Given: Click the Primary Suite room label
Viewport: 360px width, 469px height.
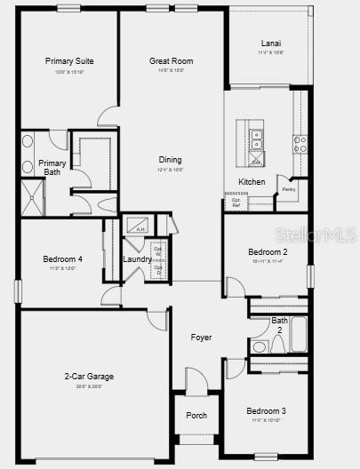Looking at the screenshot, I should pos(69,61).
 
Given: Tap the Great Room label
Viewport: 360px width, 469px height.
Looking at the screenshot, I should pos(171,61).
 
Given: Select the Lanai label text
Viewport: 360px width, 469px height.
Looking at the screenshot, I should pos(271,43).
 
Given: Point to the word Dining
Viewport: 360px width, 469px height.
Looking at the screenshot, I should pos(171,161).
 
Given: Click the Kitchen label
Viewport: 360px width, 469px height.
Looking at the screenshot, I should pos(252,182).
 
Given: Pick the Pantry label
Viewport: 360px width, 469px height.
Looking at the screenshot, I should pos(289,189).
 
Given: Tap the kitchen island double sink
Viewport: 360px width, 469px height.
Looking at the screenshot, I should pos(256,139).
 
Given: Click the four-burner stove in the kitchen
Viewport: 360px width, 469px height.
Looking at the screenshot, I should pos(300,142).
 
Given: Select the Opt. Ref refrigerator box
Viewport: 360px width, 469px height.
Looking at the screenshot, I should pos(236,201).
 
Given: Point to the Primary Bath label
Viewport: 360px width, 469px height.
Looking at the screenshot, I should pos(52,167).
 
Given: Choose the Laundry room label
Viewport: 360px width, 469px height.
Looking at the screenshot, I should pos(137,259).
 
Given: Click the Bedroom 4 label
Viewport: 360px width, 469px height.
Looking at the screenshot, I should pos(62,259).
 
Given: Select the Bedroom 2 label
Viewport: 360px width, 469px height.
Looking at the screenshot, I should pos(267,252).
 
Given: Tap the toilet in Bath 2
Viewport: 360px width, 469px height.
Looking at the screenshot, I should pos(260,346).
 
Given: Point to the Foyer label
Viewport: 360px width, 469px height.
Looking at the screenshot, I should pos(201,338).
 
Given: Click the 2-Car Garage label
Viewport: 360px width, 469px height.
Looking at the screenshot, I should pos(89,377).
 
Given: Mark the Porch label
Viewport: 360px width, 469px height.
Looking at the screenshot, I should pos(196,416).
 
